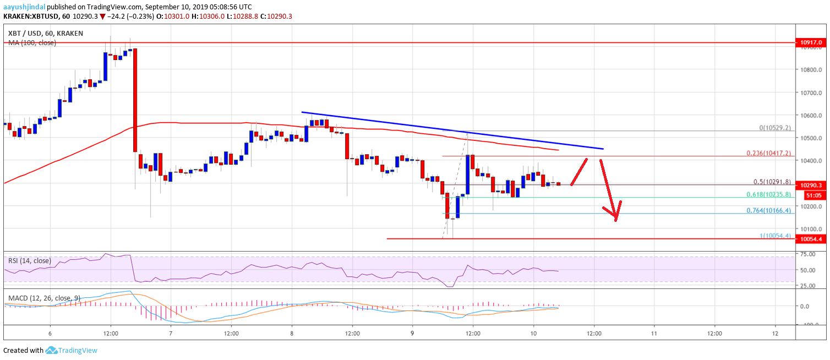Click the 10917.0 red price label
pos(812,42)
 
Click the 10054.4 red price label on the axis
pos(812,239)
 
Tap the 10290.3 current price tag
pos(812,186)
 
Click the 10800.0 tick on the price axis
pos(812,70)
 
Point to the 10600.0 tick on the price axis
pos(812,116)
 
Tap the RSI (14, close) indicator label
pos(29,260)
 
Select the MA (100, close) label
pos(32,42)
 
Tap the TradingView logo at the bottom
pos(72,350)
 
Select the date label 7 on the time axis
pos(171,334)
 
